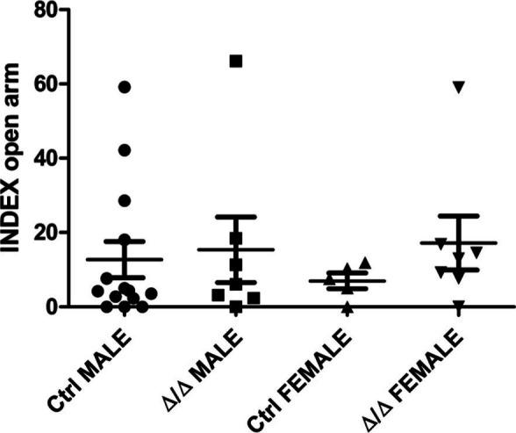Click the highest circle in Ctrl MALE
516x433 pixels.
pos(125,87)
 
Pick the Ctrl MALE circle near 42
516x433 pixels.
pos(125,150)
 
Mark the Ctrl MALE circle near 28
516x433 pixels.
pos(125,201)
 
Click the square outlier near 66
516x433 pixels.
pos(236,61)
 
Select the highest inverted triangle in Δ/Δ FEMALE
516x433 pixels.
pos(458,86)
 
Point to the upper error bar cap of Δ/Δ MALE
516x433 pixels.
pos(236,216)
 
